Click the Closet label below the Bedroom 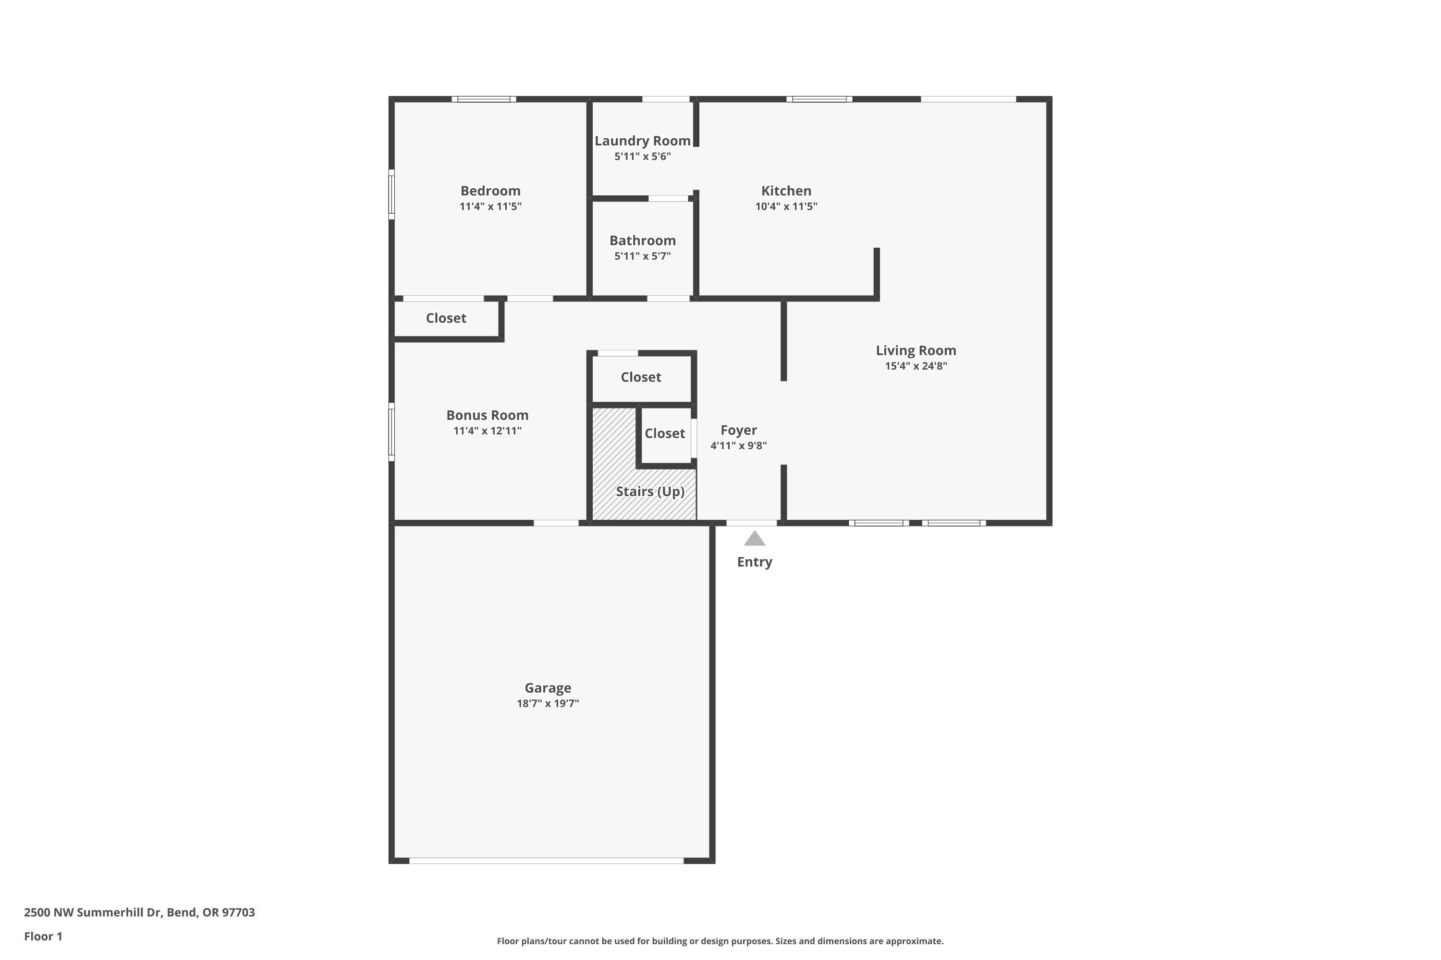[x=446, y=318]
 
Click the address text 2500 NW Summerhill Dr [x=139, y=912]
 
